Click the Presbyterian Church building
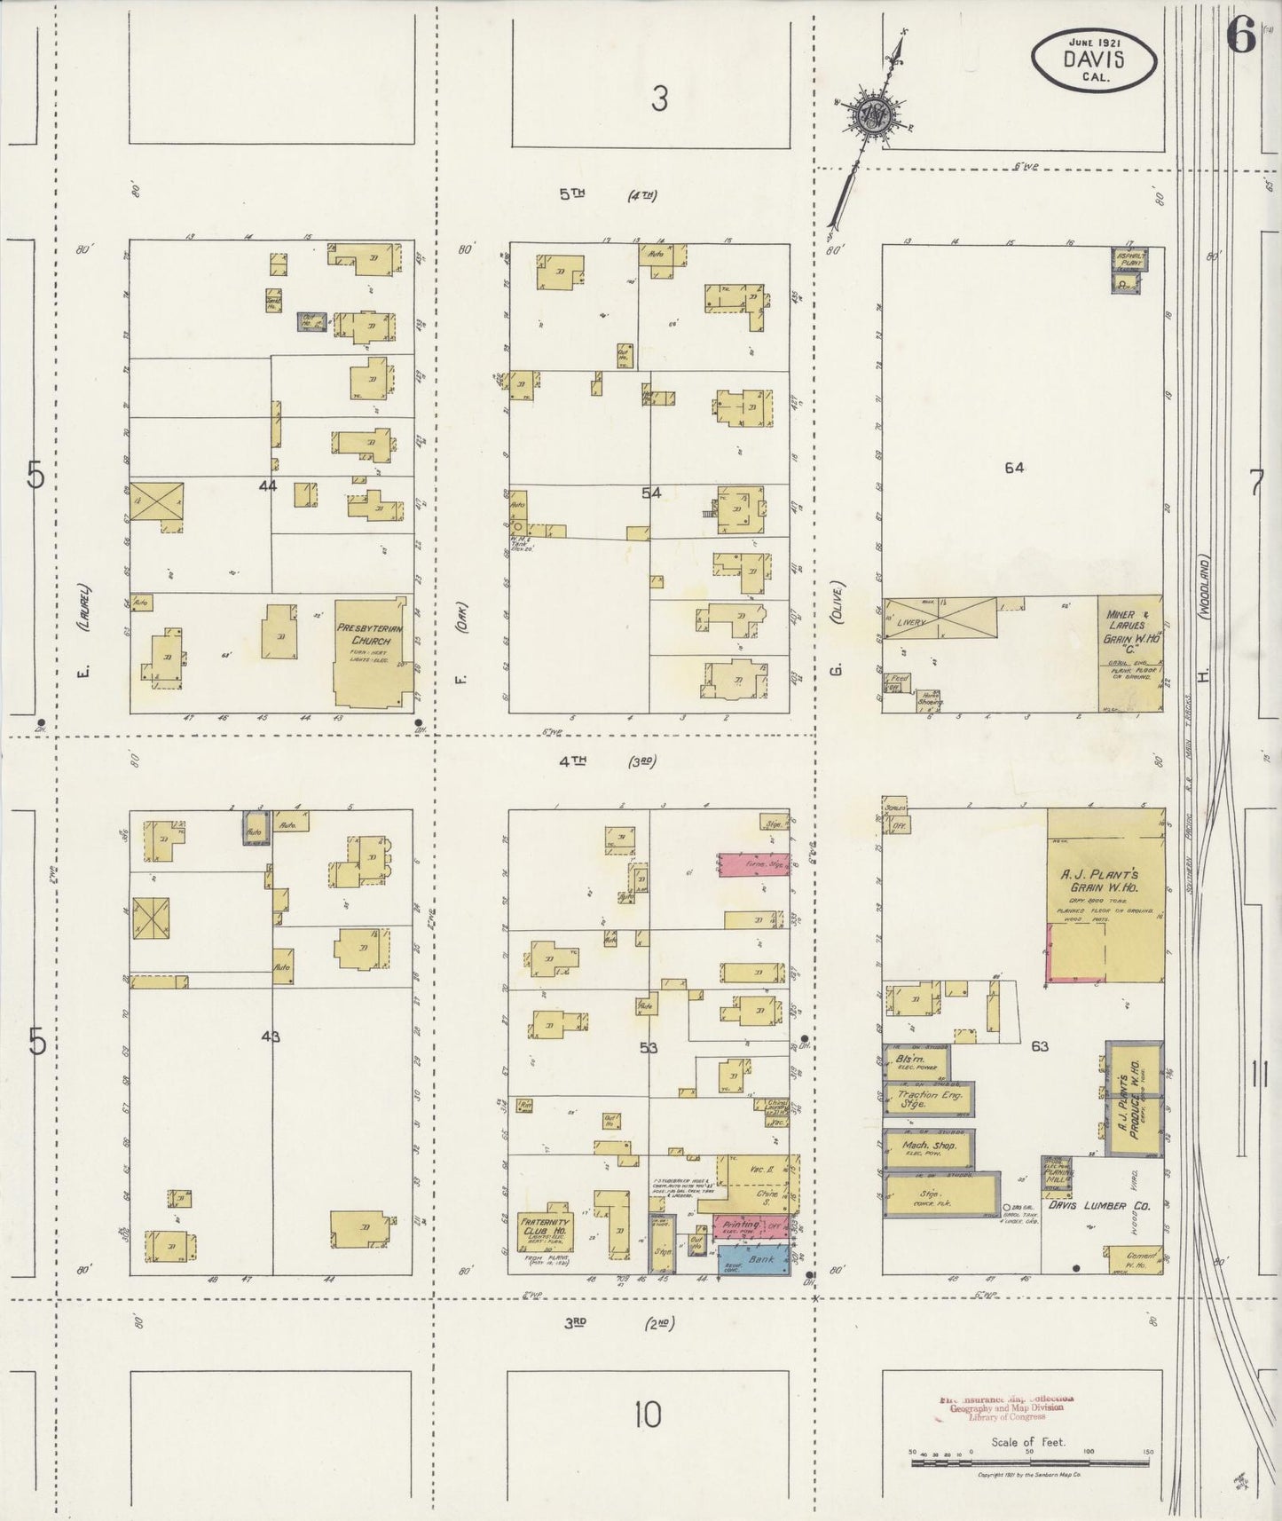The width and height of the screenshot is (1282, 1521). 370,653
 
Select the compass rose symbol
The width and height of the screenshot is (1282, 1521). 869,116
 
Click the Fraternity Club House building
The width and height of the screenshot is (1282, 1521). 545,1233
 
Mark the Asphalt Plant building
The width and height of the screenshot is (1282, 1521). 1129,269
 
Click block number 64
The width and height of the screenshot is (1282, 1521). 1014,468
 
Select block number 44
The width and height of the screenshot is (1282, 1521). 267,485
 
